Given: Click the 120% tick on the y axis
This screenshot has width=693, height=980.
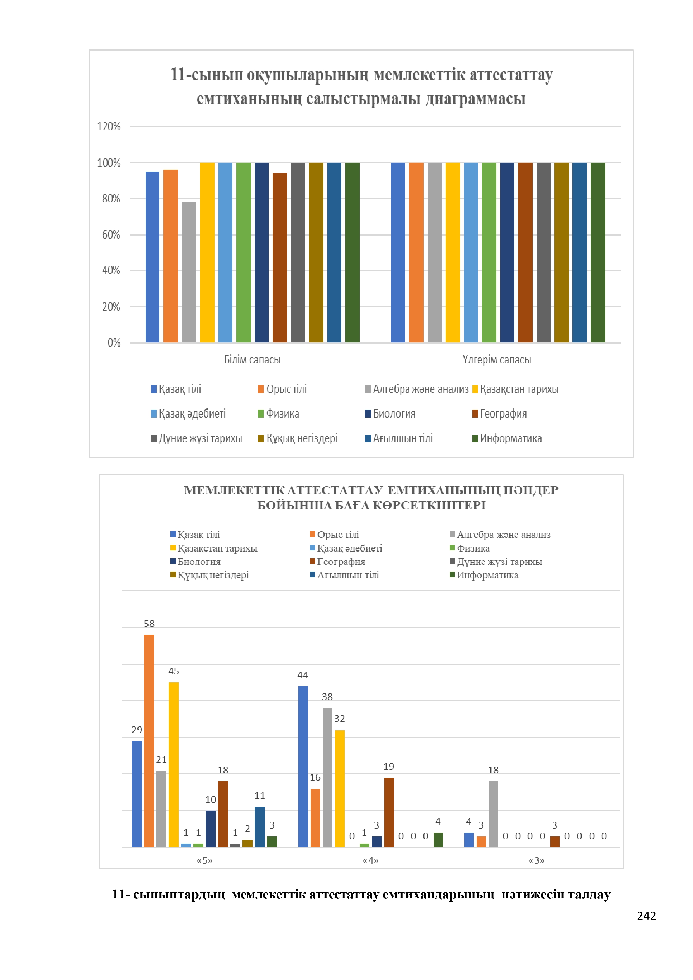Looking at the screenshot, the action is tap(109, 126).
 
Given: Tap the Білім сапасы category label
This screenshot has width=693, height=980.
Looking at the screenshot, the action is tap(252, 359).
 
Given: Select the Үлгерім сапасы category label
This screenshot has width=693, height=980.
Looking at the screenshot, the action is tap(497, 359).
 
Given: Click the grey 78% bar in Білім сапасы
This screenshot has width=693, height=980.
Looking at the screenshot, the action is tap(189, 272).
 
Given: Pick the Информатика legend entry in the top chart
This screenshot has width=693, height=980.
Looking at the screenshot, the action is tap(507, 438).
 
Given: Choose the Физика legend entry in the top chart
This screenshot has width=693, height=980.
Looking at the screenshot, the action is tap(278, 414).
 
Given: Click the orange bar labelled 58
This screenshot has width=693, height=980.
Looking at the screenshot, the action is tap(149, 741).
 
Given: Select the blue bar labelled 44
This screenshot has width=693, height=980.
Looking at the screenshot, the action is tap(303, 767).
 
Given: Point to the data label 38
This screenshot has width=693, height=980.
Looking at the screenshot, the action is tap(327, 697).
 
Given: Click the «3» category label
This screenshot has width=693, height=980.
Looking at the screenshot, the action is tap(537, 860).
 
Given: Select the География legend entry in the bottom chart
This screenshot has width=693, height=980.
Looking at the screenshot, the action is tap(338, 562).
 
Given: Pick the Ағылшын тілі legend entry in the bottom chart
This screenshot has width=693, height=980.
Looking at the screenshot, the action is tap(345, 575).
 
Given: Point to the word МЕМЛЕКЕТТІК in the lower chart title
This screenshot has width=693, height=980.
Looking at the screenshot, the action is tap(234, 490).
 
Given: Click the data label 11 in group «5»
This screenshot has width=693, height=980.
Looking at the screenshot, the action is tap(259, 796).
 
